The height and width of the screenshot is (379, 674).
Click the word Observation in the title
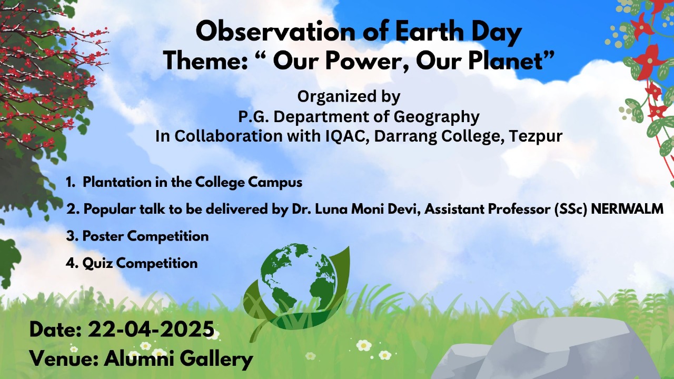275,32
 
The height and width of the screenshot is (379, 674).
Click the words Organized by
349,97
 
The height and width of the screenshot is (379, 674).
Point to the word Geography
437,117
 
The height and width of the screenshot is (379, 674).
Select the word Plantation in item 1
117,182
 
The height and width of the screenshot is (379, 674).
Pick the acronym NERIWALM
627,209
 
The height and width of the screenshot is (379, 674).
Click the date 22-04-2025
151,329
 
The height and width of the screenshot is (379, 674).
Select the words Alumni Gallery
178,359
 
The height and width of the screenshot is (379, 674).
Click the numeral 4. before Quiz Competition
72,264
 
